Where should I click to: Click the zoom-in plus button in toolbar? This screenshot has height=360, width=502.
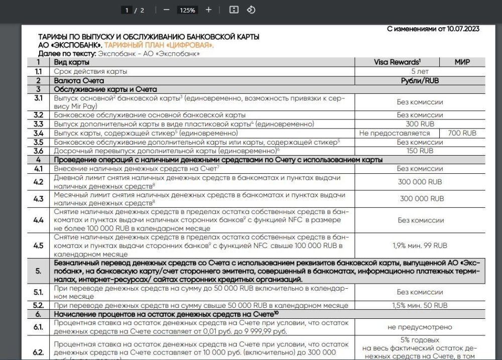(x=209, y=10)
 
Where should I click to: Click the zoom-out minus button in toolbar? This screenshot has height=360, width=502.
(x=167, y=10)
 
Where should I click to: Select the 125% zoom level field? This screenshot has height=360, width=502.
(x=187, y=10)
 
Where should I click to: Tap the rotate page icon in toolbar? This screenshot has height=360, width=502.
(x=252, y=10)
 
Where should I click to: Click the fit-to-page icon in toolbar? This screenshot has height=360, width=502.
(x=233, y=10)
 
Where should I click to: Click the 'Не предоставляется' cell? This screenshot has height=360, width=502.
(x=395, y=133)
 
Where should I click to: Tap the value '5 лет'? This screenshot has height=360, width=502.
(x=420, y=71)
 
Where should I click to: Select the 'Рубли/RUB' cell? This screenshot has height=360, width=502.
(x=420, y=80)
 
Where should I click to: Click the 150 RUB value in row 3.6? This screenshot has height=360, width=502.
(x=420, y=151)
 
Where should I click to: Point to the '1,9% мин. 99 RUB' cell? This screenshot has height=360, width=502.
(x=420, y=246)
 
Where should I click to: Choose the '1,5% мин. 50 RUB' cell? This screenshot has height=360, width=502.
(x=420, y=305)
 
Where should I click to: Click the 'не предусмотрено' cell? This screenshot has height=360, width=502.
(x=420, y=327)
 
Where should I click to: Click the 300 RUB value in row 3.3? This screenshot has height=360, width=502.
(x=420, y=124)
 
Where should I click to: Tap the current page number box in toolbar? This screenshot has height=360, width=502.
(x=129, y=10)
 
